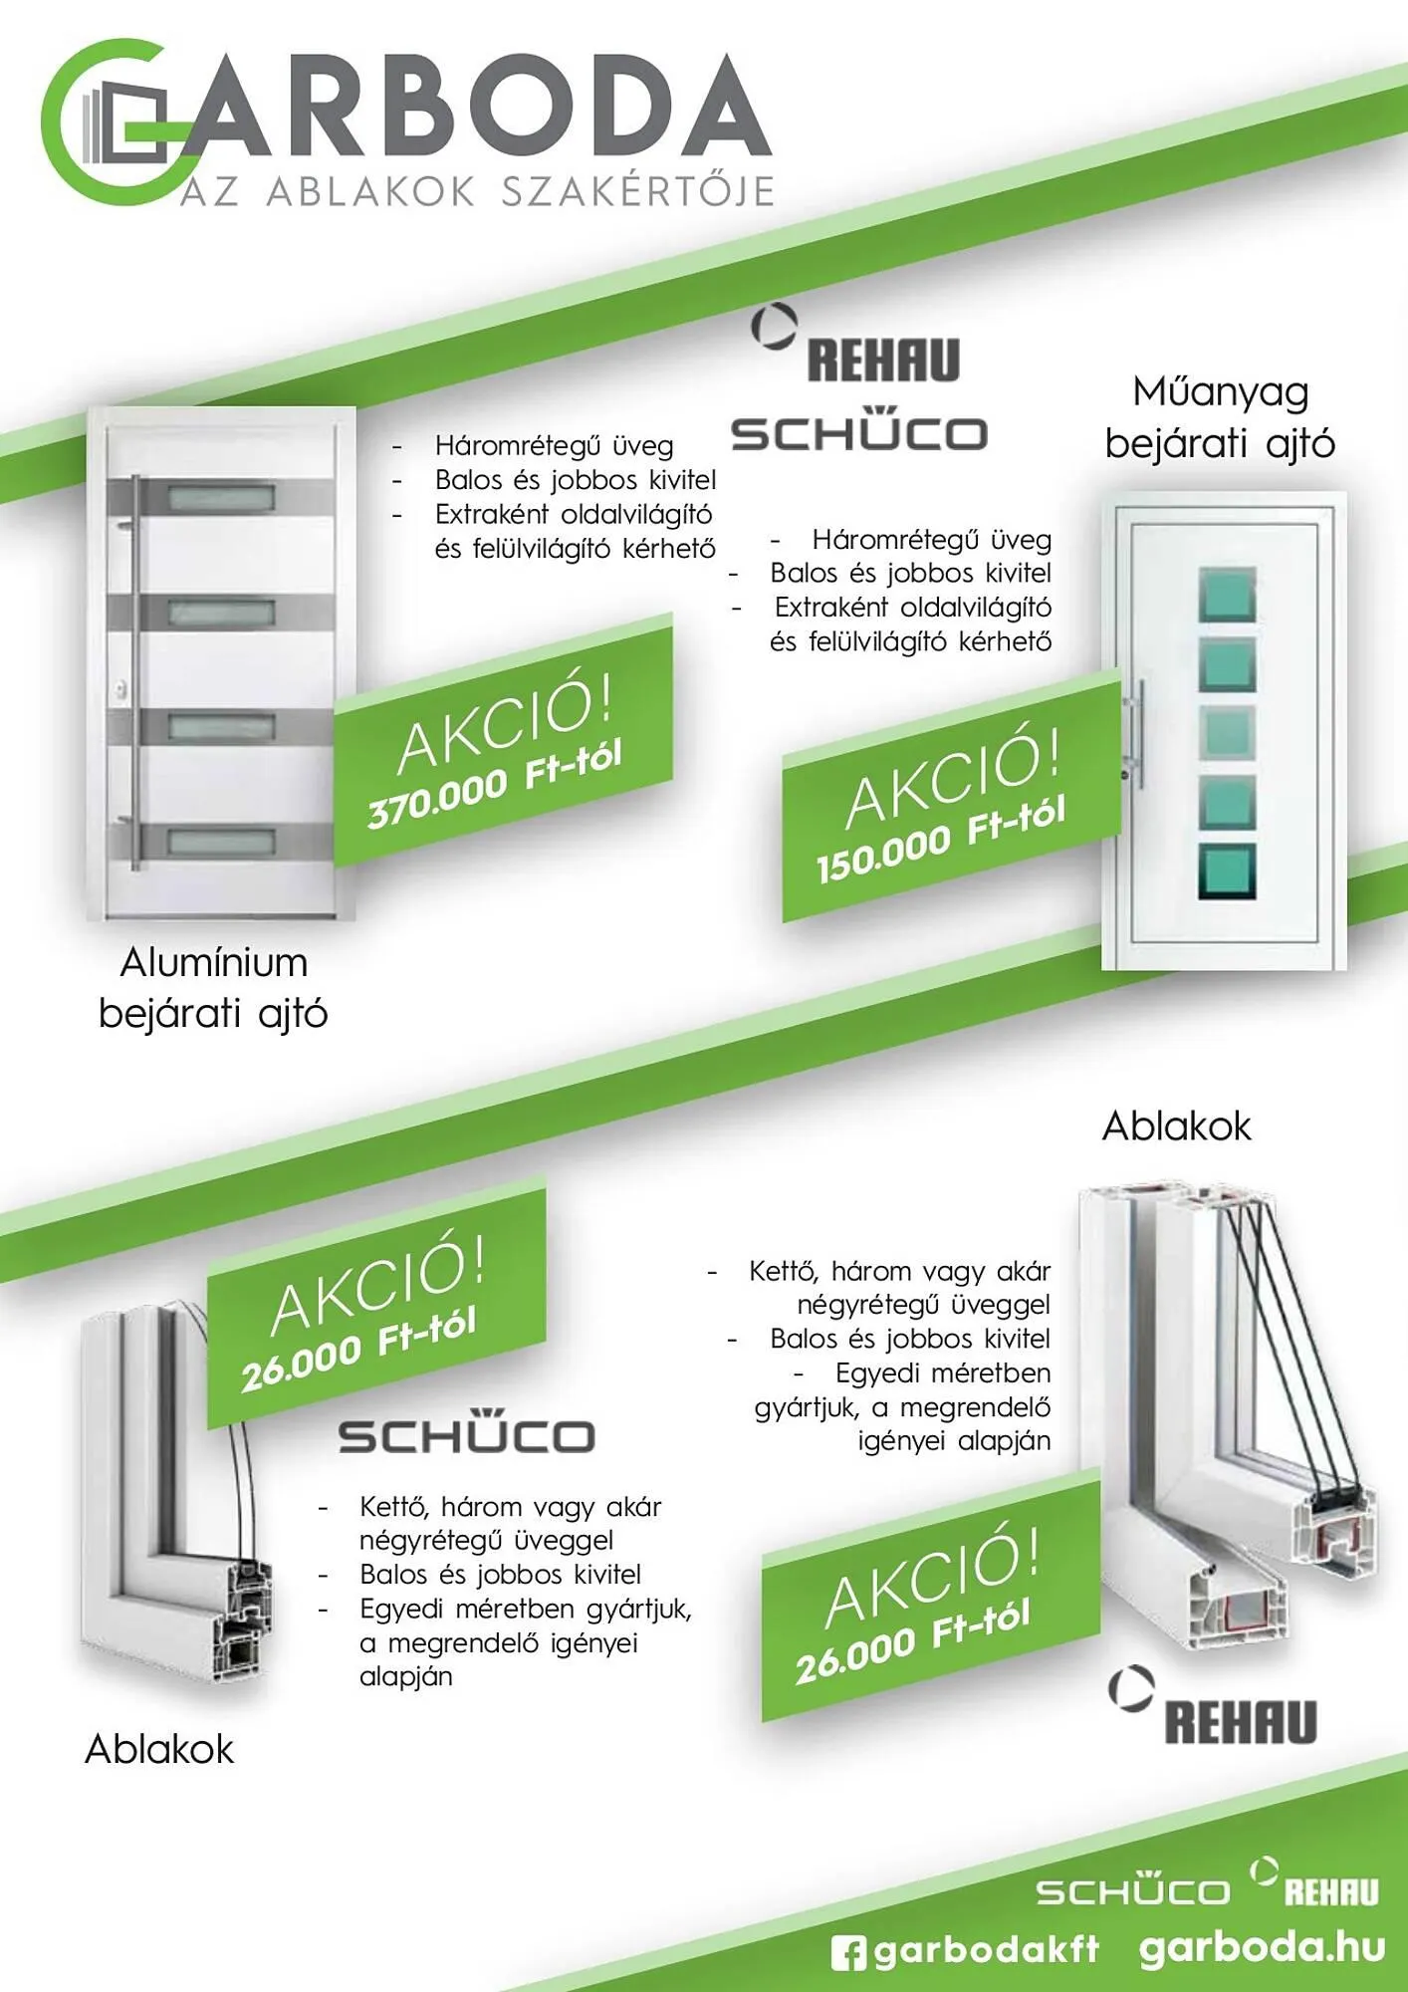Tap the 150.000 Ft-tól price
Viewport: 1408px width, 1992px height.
[941, 839]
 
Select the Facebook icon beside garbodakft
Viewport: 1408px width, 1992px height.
[848, 1952]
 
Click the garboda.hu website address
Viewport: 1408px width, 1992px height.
[1262, 1947]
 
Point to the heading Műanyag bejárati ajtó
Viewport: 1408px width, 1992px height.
[1220, 417]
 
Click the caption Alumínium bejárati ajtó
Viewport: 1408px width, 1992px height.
[213, 988]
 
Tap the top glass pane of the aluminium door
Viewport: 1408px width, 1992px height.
[220, 496]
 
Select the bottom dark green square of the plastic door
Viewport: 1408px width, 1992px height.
[1227, 872]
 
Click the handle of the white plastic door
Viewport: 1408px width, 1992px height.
[1139, 732]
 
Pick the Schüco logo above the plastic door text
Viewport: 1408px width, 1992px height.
[858, 433]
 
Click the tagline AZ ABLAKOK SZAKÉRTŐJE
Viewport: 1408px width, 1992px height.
[478, 191]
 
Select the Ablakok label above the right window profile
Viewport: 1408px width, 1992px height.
[1176, 1126]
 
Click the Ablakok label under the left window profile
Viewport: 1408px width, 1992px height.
[159, 1749]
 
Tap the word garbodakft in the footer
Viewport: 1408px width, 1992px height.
[987, 1950]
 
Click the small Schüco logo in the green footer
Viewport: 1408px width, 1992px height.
[1132, 1891]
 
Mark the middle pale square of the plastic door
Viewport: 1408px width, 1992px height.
[1227, 732]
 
